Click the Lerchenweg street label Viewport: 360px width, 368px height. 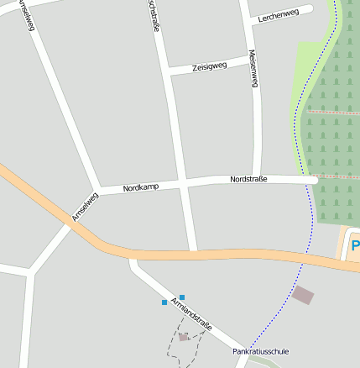(x=279, y=15)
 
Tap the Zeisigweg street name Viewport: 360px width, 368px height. (x=209, y=67)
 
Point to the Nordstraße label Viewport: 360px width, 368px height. (x=248, y=179)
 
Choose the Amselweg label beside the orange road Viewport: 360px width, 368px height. (x=85, y=206)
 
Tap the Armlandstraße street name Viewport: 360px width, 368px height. (x=192, y=313)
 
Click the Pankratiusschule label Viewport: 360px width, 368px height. (x=260, y=351)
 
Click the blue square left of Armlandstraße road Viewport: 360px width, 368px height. (x=164, y=302)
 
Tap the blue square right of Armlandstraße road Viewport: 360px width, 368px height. (x=182, y=297)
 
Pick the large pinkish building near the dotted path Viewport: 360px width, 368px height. (x=303, y=295)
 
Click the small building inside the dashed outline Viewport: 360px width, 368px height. (x=183, y=337)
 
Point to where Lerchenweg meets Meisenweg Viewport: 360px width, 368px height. (x=248, y=20)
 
